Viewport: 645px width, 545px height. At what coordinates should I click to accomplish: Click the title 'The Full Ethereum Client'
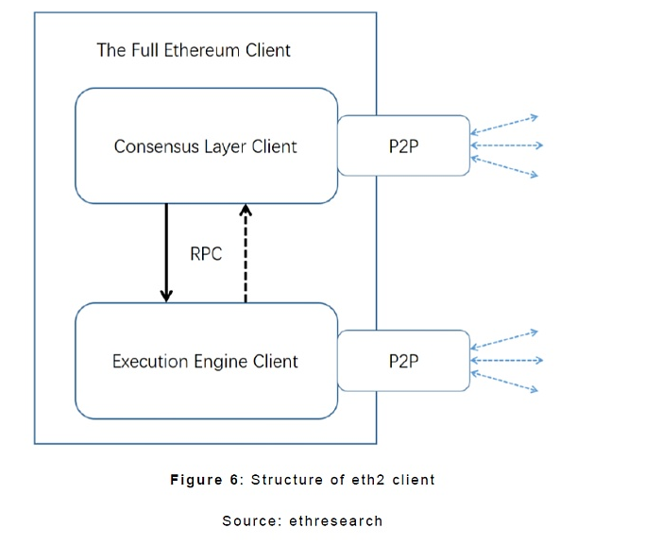click(194, 50)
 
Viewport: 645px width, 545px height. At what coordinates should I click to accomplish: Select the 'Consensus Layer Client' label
click(205, 146)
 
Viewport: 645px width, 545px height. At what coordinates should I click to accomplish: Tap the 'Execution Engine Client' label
click(205, 361)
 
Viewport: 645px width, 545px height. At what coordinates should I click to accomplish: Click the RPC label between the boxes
click(206, 253)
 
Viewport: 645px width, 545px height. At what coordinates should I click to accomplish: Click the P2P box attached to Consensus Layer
click(403, 145)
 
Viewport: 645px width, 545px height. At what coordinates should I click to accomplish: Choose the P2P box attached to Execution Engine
click(403, 361)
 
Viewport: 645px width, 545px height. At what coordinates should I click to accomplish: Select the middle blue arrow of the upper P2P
click(506, 145)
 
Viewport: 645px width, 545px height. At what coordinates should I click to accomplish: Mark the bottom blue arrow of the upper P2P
click(505, 167)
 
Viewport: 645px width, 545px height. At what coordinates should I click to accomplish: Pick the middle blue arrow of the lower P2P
click(506, 360)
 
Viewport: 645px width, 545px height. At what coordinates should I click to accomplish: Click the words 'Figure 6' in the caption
click(205, 480)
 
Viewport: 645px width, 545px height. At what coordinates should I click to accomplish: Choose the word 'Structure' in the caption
click(284, 480)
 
